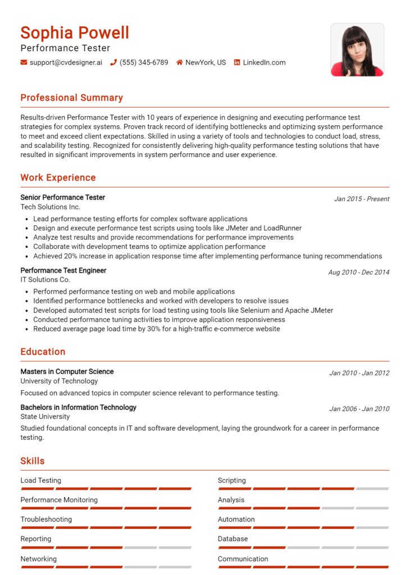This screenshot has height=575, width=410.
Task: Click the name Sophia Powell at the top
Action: [x=75, y=33]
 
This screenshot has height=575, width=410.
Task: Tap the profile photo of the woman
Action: [x=357, y=50]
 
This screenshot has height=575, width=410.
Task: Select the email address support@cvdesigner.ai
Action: [x=66, y=62]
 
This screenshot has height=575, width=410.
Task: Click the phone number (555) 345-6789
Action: [x=143, y=62]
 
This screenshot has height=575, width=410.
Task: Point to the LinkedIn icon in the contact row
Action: [x=237, y=62]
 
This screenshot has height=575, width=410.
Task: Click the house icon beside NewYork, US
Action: [x=180, y=62]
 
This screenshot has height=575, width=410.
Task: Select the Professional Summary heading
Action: [x=71, y=98]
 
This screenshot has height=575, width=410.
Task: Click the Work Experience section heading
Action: [x=58, y=177]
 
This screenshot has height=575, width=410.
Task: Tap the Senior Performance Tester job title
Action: [x=63, y=198]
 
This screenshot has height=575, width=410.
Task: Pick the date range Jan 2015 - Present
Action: [x=362, y=199]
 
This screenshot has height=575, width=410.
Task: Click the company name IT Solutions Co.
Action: [x=45, y=280]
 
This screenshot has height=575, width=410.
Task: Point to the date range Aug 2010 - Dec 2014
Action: [x=358, y=272]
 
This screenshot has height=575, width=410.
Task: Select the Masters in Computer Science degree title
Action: [x=67, y=372]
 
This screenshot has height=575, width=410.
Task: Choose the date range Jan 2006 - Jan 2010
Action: [x=359, y=409]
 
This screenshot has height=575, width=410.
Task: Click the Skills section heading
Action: [x=33, y=461]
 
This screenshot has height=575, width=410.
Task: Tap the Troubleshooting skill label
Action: [x=46, y=519]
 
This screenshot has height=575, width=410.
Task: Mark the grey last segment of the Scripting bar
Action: [x=372, y=489]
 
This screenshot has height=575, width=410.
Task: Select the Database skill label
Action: [x=233, y=539]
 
